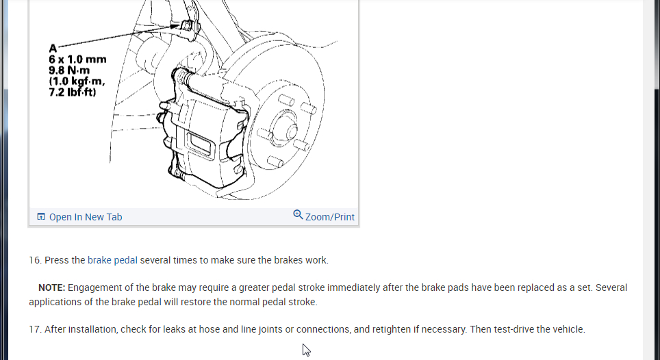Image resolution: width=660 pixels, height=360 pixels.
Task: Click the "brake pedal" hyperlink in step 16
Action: point(112,260)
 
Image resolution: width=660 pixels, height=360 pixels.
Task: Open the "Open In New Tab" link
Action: point(86,217)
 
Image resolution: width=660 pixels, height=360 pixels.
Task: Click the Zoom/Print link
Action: point(330,217)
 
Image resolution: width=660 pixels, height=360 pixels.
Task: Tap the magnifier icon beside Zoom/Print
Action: point(298,215)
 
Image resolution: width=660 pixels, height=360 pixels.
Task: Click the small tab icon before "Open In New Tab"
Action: point(41,217)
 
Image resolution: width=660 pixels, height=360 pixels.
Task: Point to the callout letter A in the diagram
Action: point(53,49)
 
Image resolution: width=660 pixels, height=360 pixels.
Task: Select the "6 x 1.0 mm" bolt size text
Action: point(77,60)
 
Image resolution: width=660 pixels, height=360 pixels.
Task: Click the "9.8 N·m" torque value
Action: point(69,70)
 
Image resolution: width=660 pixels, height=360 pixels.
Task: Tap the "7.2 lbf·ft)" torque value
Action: point(73,92)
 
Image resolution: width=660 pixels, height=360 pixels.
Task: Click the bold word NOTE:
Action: point(51,287)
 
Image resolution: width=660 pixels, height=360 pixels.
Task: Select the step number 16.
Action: point(35,260)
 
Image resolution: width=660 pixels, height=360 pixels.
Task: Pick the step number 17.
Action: point(35,329)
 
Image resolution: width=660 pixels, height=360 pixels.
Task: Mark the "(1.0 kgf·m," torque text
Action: point(77,81)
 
